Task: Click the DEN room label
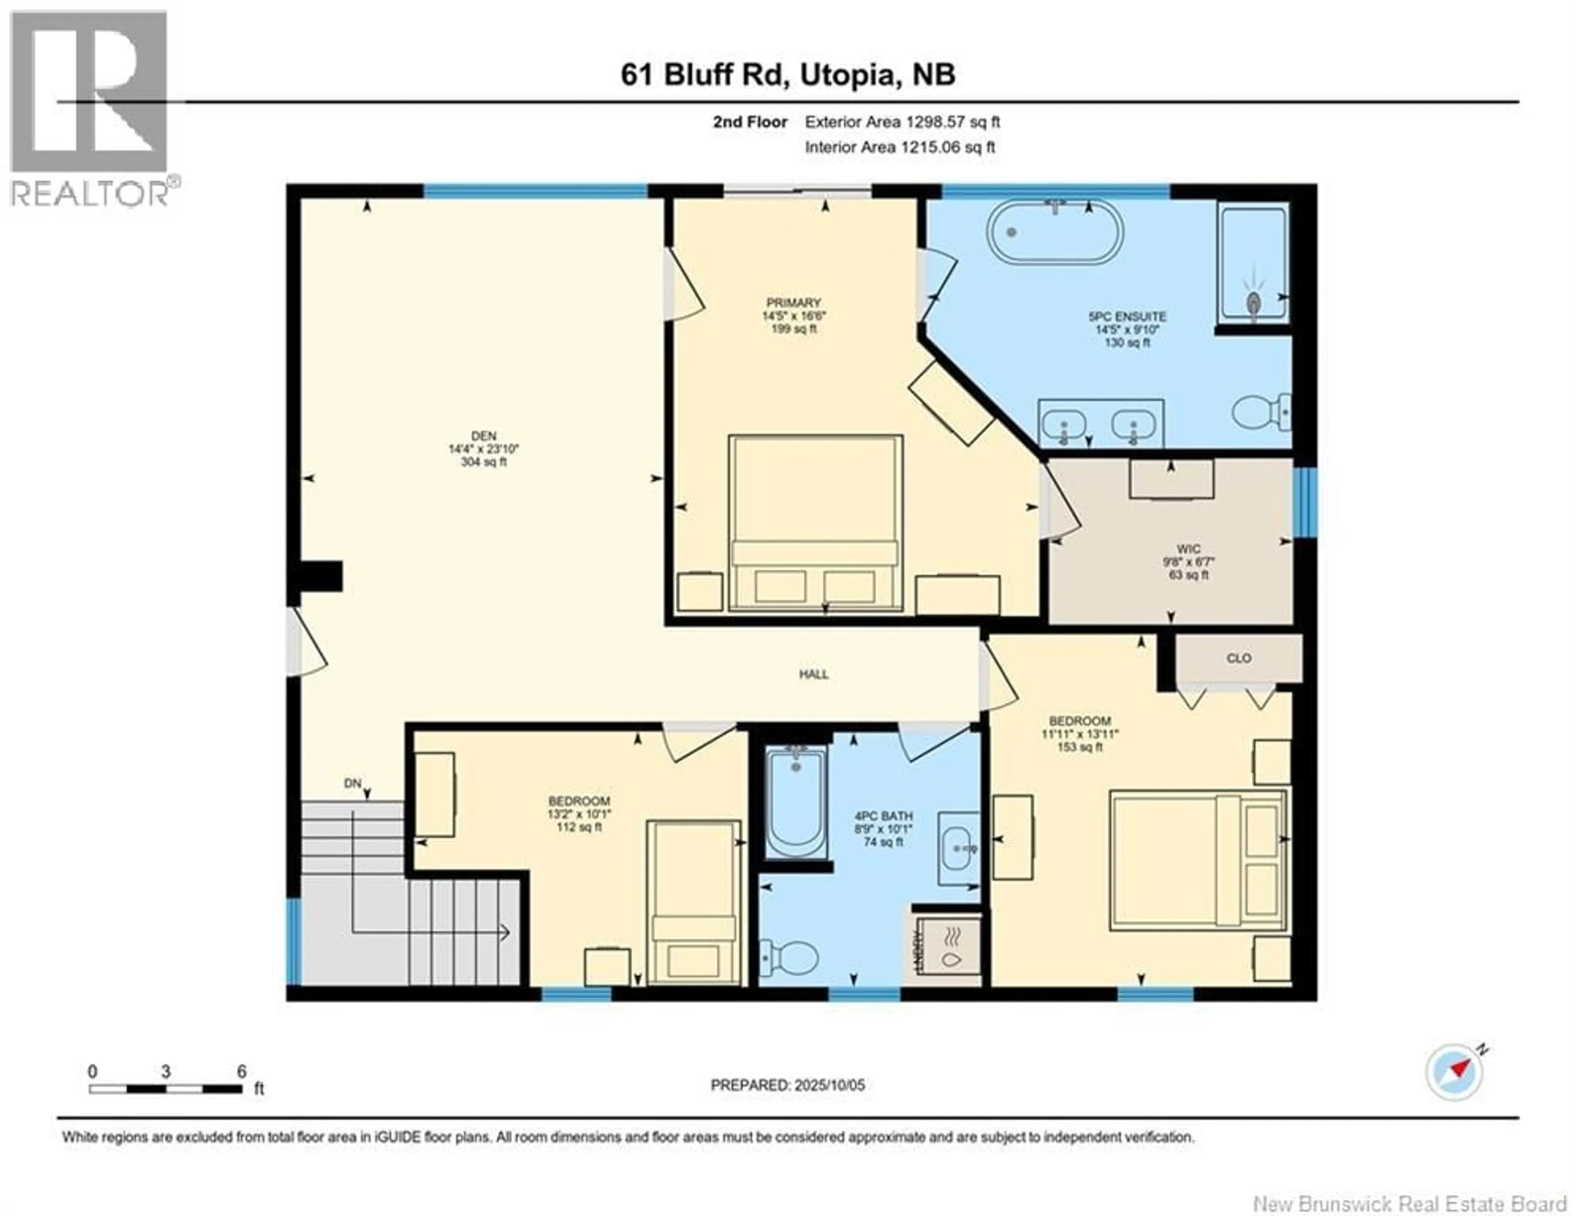click(x=484, y=436)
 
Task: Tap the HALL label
click(x=813, y=674)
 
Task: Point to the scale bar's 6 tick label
click(x=242, y=1072)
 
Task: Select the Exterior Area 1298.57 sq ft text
click(x=902, y=122)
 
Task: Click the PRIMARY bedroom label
click(x=793, y=303)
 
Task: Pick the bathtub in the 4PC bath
click(x=795, y=802)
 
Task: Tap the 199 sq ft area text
click(x=793, y=329)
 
